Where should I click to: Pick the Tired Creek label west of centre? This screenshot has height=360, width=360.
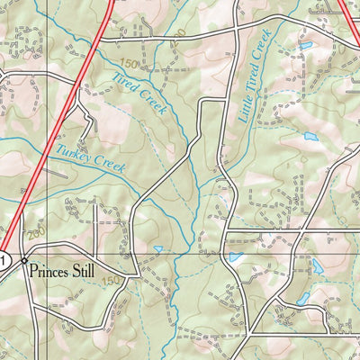pyautogui.click(x=139, y=91)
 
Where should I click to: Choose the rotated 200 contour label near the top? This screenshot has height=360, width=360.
pyautogui.click(x=183, y=34)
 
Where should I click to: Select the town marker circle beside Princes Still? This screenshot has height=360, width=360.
pyautogui.click(x=24, y=260)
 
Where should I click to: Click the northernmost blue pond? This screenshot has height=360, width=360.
pyautogui.click(x=305, y=44)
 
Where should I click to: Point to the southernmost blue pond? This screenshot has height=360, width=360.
pyautogui.click(x=302, y=298)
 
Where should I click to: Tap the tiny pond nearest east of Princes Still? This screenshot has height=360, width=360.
pyautogui.click(x=158, y=249)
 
